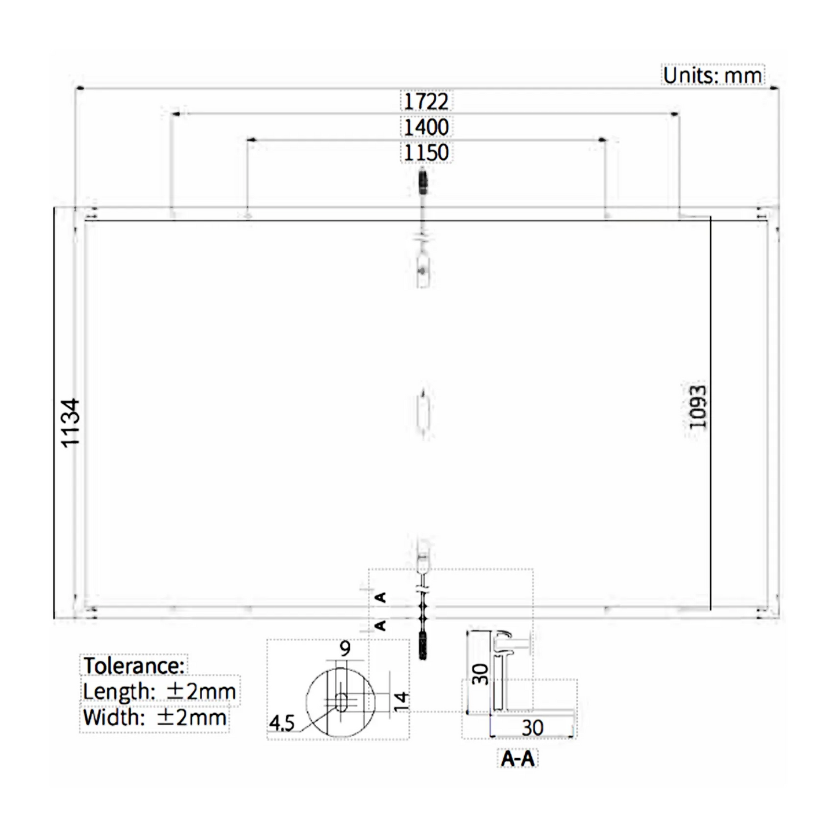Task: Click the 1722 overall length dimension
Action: click(x=426, y=101)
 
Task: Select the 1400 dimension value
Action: click(x=426, y=127)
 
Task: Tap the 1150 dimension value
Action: click(x=426, y=153)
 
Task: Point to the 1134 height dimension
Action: click(x=70, y=423)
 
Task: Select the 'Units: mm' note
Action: click(x=712, y=75)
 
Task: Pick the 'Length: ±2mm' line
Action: click(x=159, y=691)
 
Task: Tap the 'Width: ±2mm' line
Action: click(x=155, y=717)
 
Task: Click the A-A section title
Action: click(x=517, y=758)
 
